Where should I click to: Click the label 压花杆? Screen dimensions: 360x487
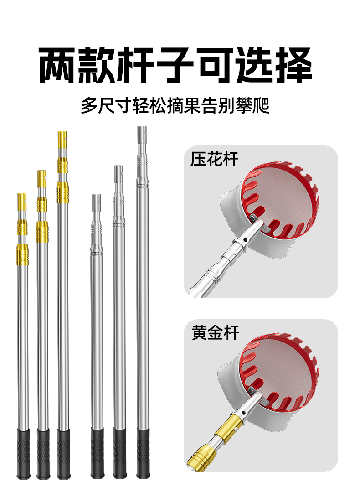tap(214, 159)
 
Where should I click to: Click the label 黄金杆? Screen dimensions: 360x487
tap(216, 332)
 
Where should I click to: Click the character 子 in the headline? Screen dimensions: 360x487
tap(175, 65)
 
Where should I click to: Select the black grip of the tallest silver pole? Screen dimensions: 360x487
tap(144, 453)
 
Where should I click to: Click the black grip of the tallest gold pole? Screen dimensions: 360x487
tap(64, 454)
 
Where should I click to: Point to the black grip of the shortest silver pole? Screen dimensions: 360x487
tap(98, 453)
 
